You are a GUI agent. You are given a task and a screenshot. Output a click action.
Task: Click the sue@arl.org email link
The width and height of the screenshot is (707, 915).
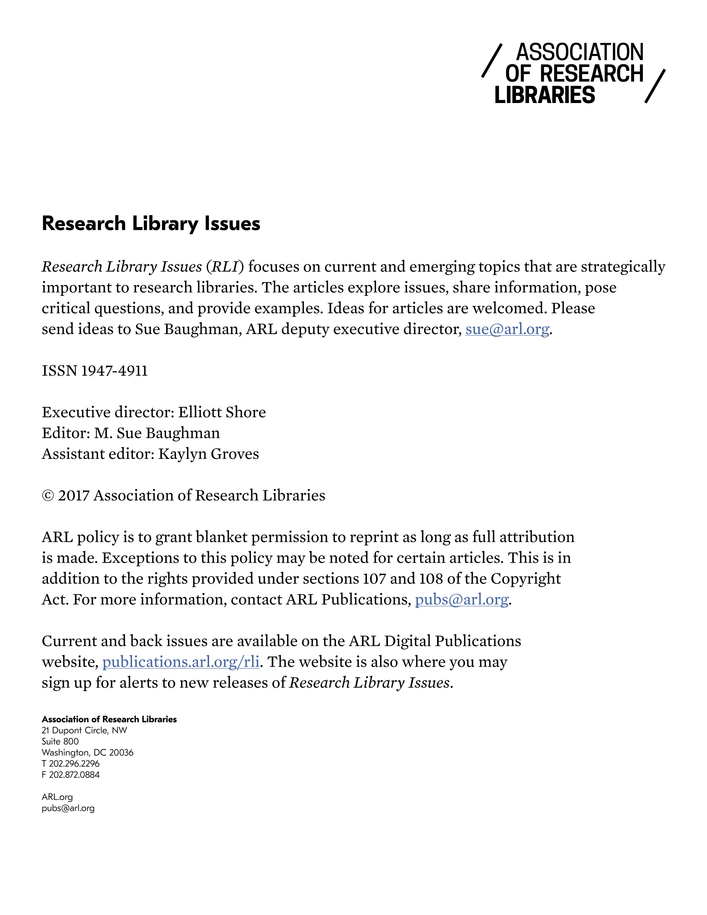[x=507, y=329]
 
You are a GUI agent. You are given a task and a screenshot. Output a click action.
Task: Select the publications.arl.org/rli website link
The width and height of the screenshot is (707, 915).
[x=181, y=662]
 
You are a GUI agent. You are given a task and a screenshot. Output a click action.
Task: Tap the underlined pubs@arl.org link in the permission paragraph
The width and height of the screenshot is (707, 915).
[x=461, y=600]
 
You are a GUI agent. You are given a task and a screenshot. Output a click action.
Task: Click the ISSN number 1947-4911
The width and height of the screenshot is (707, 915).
[x=114, y=371]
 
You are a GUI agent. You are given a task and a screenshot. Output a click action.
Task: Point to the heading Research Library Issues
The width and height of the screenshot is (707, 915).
[x=151, y=223]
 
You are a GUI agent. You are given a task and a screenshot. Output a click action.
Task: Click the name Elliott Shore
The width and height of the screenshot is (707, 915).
[x=222, y=412]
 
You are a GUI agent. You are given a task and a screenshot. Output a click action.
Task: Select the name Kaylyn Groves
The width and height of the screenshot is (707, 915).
[x=208, y=454]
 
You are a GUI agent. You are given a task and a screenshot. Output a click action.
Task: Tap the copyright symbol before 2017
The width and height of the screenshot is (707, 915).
[x=48, y=496]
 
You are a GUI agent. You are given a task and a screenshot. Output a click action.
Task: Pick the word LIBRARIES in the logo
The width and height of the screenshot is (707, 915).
[x=545, y=95]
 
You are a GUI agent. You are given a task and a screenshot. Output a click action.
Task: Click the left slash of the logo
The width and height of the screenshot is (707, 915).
[x=491, y=61]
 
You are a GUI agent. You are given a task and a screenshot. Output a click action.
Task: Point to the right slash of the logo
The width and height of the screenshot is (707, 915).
[x=655, y=86]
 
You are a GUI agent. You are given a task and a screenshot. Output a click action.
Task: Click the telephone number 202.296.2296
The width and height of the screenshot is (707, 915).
[x=74, y=764]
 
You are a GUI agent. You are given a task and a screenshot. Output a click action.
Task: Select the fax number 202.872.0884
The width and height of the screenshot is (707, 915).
[x=74, y=775]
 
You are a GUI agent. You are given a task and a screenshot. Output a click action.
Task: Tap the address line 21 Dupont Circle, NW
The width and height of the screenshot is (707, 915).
[x=84, y=731]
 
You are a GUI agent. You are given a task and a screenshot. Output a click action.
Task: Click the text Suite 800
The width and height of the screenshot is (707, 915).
[x=60, y=741]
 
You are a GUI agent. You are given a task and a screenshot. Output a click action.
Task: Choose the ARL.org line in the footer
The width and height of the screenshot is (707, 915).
[x=57, y=797]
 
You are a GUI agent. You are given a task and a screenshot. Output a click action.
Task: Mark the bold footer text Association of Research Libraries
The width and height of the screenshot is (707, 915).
[x=109, y=719]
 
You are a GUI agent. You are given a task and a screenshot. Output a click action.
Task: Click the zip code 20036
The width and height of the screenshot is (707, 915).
[x=121, y=753]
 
